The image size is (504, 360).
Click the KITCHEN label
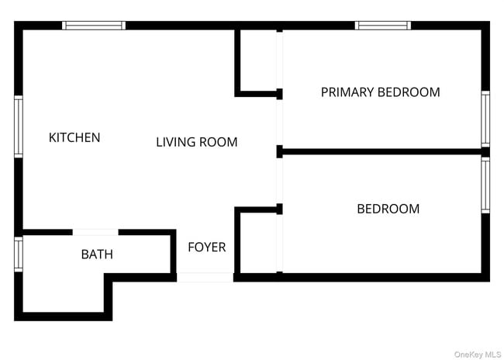point(74,137)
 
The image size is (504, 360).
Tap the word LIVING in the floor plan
point(175,142)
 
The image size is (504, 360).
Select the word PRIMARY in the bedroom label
point(347,92)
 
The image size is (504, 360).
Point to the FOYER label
point(207,247)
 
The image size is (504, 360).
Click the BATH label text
point(97,254)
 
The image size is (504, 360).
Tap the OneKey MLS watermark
point(478,355)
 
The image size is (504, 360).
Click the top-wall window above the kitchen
point(94,26)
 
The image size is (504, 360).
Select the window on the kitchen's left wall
point(19,126)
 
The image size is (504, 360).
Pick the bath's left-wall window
point(19,254)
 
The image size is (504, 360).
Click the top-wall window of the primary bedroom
point(383,26)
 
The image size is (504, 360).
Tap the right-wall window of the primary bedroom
point(485,119)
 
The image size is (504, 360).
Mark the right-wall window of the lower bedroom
point(485,185)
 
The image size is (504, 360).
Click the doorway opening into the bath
point(95,232)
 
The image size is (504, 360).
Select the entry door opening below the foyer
point(205,277)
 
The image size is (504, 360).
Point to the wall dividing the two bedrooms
point(381,151)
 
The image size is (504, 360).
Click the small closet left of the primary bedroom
point(258,61)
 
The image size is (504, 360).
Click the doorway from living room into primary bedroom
point(280,123)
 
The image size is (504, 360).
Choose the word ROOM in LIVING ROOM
point(218,142)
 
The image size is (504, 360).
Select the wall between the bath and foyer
point(173,254)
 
